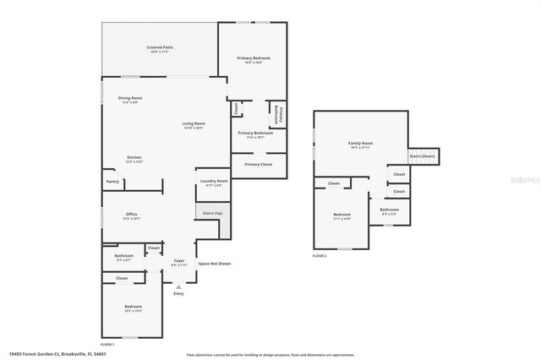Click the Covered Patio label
(x=158, y=47)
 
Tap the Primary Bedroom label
(x=257, y=58)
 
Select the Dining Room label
(x=130, y=99)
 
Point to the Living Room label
(x=194, y=124)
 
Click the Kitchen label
(x=134, y=158)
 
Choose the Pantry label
(x=112, y=181)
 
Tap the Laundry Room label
(x=213, y=182)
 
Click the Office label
(x=131, y=215)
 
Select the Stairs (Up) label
(x=213, y=214)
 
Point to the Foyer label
(x=179, y=260)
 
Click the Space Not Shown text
(x=215, y=264)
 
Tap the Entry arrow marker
(x=178, y=287)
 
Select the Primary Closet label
(x=258, y=164)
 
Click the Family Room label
(x=360, y=144)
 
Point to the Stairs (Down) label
(x=422, y=156)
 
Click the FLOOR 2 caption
(x=320, y=255)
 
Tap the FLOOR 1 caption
(x=107, y=345)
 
